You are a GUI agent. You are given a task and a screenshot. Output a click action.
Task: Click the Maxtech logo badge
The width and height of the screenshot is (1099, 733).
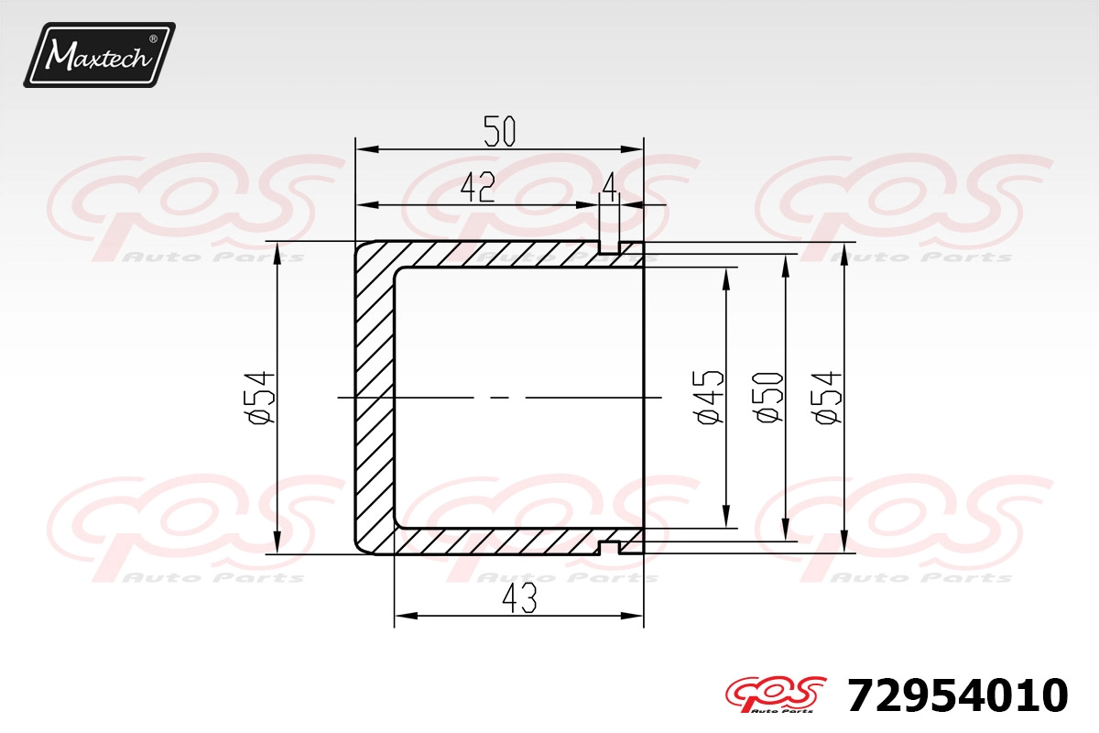click(x=100, y=55)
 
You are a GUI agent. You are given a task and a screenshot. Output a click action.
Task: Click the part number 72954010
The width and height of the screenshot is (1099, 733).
click(x=957, y=695)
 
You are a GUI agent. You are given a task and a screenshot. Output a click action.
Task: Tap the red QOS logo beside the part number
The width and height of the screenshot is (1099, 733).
click(x=775, y=695)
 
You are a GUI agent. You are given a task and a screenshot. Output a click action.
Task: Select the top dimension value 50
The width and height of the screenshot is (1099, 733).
click(x=499, y=131)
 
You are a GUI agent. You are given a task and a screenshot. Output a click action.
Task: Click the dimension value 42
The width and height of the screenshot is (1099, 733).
click(x=478, y=187)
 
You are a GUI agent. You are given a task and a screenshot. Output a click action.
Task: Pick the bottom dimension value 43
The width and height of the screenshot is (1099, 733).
click(x=519, y=597)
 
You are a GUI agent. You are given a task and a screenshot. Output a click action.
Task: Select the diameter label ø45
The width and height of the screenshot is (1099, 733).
click(x=708, y=397)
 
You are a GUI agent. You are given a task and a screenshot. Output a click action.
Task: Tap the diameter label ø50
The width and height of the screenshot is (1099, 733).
click(x=767, y=397)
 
